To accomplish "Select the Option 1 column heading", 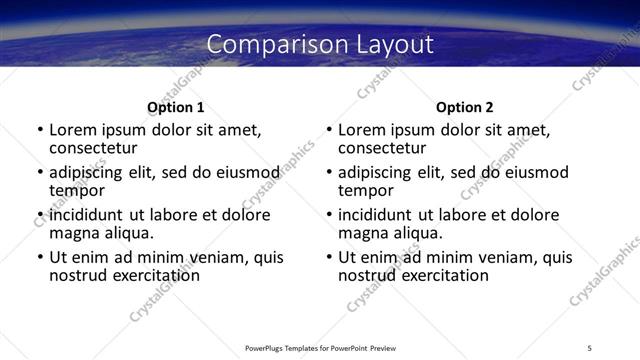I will pos(176,107).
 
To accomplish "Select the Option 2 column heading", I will pos(465,107).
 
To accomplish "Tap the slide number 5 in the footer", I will pos(589,347).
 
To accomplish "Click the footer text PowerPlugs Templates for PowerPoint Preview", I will pos(320,347).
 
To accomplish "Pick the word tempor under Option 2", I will pos(365,190).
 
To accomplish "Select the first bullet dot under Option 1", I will pos(40,131).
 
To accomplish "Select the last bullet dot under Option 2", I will pos(329,258).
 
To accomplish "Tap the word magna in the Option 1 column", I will pos(73,233).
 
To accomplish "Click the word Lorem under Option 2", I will pos(361,130).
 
